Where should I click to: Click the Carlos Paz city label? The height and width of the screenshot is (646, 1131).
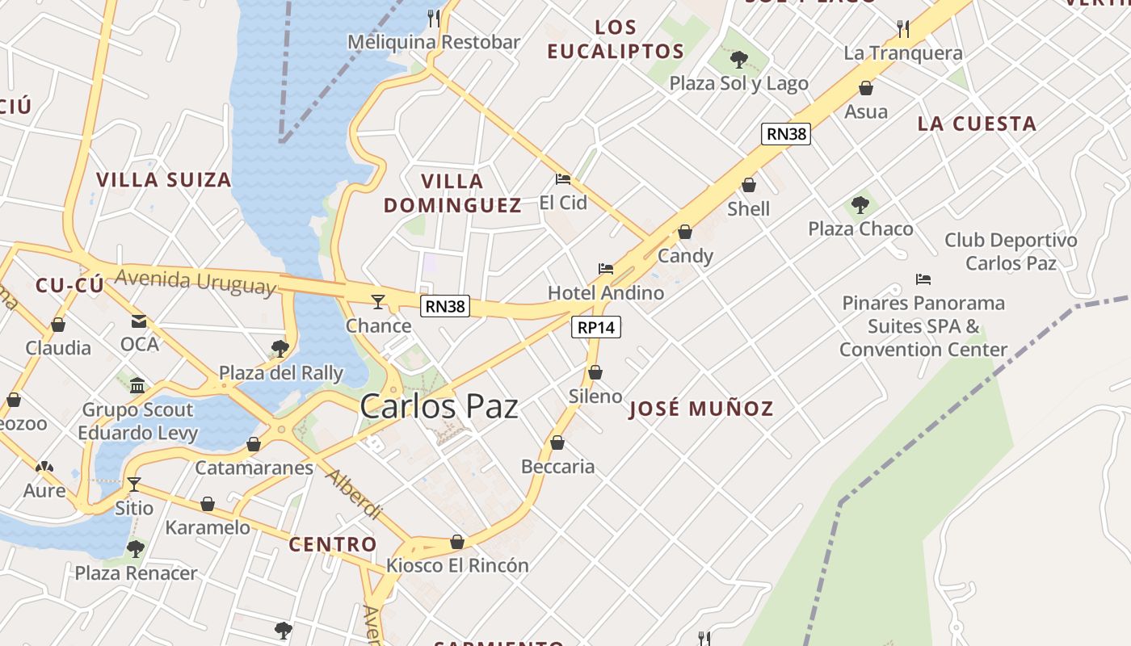click(439, 406)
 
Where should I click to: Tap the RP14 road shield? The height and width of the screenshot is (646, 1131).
click(596, 327)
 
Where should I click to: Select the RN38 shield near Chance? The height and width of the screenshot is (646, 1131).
click(445, 306)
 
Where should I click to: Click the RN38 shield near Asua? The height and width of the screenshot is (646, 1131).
click(785, 134)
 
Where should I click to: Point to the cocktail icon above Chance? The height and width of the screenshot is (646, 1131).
click(377, 302)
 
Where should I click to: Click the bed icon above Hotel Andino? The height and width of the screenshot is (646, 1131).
click(605, 269)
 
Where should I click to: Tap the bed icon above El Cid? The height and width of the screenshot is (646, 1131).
click(563, 179)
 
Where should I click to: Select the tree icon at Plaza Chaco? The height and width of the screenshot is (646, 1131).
click(860, 204)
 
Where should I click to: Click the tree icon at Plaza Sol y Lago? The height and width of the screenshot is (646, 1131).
click(738, 59)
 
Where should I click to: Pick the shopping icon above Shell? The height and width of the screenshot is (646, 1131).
click(749, 185)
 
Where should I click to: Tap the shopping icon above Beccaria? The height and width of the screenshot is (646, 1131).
click(557, 443)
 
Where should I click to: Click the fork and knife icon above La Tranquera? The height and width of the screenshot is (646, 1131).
click(903, 29)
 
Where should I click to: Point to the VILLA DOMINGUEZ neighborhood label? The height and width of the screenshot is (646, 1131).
click(452, 193)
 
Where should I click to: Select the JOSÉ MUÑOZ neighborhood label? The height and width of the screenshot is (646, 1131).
click(700, 409)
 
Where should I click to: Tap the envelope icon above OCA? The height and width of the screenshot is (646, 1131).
click(139, 321)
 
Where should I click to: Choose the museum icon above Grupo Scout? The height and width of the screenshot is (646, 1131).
click(137, 385)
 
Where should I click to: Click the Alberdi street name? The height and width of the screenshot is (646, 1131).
click(353, 493)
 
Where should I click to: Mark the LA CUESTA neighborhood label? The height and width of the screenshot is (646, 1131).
click(977, 124)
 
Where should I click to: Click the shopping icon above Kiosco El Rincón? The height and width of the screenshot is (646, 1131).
click(457, 542)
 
